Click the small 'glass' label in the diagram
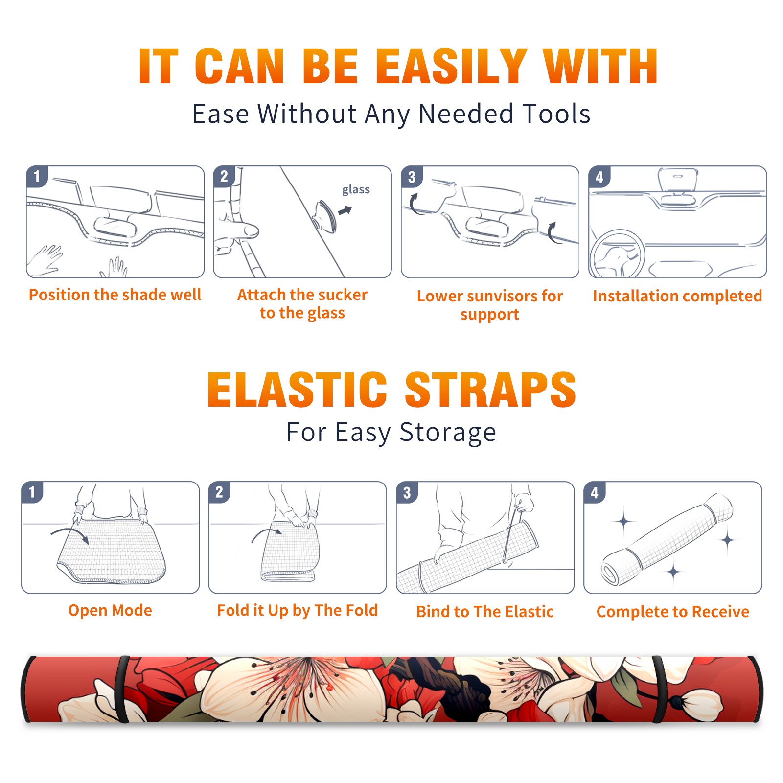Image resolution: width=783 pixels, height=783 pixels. [x=356, y=190]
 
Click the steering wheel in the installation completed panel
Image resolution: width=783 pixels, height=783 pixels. [x=617, y=254]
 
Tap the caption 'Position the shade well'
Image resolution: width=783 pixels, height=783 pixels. [x=115, y=295]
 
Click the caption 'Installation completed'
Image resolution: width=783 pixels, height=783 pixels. [x=677, y=296]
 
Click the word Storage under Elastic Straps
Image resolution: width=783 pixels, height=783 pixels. [x=448, y=433]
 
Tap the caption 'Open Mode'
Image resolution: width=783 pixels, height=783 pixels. [x=110, y=610]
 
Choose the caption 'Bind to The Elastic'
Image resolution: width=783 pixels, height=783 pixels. [x=484, y=612]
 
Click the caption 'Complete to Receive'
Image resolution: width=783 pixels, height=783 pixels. [x=673, y=612]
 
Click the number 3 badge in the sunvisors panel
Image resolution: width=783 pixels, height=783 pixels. [x=412, y=177]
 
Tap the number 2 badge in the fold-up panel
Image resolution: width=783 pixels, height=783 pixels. [x=219, y=492]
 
